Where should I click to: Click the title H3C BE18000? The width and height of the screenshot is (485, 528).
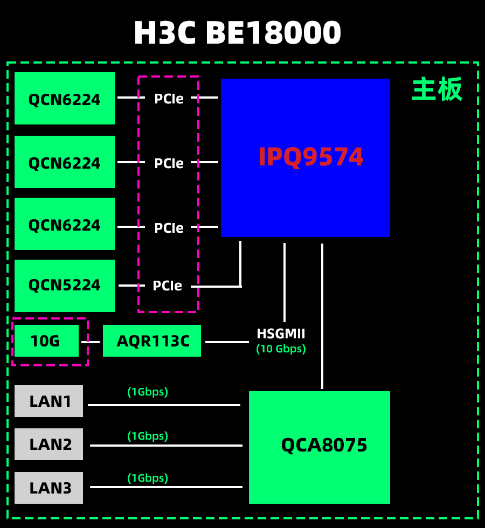click(237, 33)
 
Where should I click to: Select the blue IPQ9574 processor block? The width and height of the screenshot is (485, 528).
click(305, 157)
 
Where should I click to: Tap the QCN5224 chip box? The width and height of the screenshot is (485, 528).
click(65, 286)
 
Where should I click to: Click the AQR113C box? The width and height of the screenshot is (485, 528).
click(152, 341)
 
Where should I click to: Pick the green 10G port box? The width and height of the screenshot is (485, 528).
click(46, 341)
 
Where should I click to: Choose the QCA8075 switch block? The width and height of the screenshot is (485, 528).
click(319, 447)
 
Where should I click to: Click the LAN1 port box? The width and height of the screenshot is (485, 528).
click(49, 401)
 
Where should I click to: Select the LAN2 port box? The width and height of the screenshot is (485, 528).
click(49, 444)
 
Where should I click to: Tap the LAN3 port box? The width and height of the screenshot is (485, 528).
click(49, 488)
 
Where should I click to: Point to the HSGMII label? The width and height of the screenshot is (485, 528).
click(281, 334)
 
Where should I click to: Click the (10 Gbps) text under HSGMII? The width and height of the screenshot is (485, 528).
click(281, 349)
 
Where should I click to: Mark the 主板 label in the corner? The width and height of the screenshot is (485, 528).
click(437, 89)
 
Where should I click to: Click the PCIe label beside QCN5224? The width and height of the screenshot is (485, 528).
click(167, 286)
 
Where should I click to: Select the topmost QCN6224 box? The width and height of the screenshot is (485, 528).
click(65, 99)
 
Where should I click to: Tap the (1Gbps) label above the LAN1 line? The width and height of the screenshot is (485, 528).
click(148, 392)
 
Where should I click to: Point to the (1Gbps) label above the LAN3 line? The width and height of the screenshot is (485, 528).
click(148, 478)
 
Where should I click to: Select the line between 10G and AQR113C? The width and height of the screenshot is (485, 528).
click(91, 342)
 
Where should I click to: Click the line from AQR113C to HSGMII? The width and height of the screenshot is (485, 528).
click(227, 342)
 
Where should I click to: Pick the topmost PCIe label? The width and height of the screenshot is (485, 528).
click(169, 99)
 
